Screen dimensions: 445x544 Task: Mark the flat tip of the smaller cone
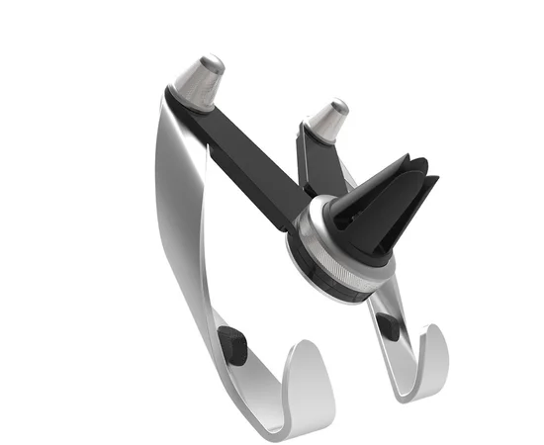(x=338, y=104)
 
